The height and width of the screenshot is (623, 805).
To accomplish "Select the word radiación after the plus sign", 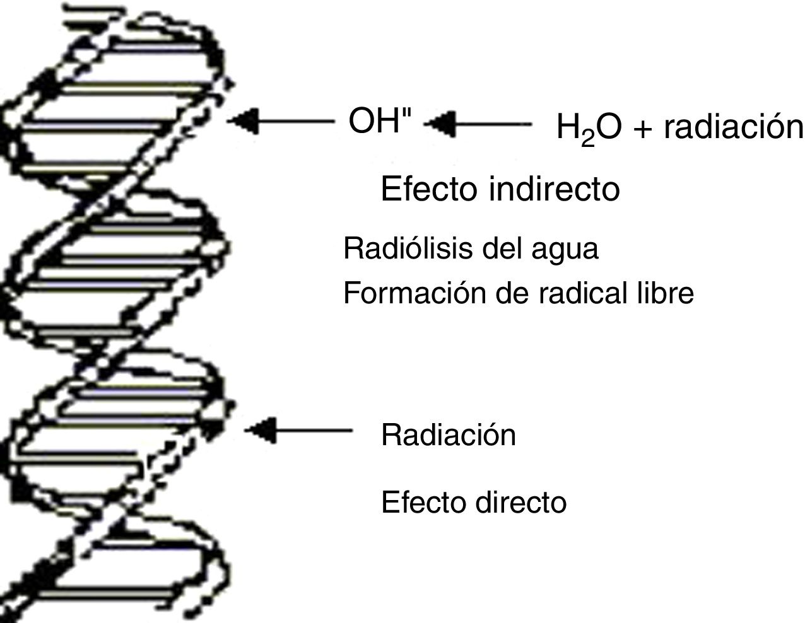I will click(734, 128).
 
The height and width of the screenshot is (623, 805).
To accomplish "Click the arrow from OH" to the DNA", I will click(281, 121).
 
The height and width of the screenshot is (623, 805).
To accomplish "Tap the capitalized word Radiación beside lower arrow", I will click(449, 435).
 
